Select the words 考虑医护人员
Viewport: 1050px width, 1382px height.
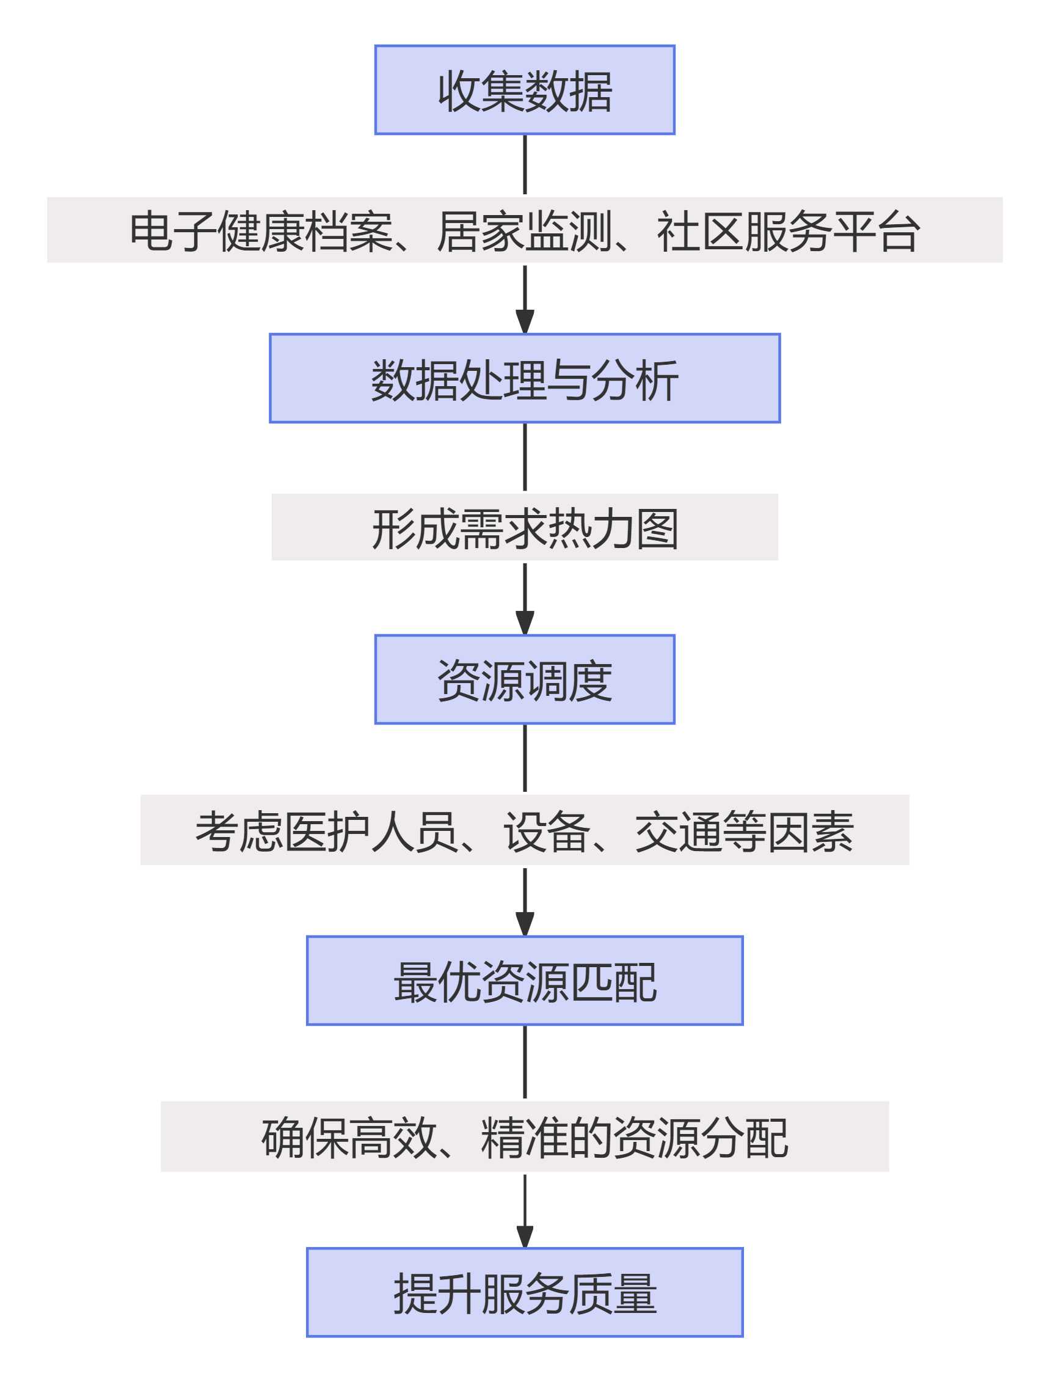click(x=326, y=832)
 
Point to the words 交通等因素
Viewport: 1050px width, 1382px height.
click(x=744, y=832)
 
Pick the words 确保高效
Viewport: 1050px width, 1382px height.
click(x=348, y=1138)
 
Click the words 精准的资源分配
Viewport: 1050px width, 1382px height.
click(x=634, y=1138)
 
